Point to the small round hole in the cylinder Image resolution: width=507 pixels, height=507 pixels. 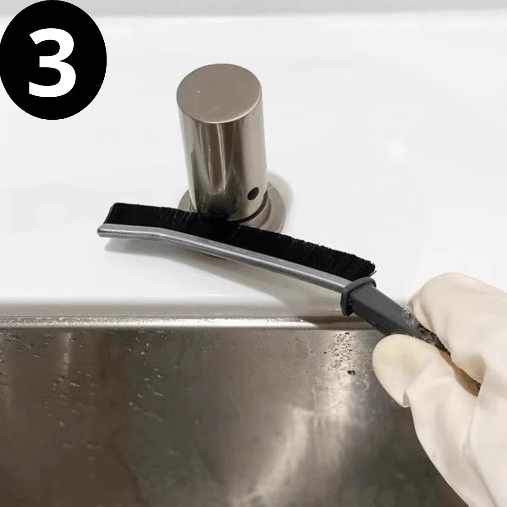coord(253,192)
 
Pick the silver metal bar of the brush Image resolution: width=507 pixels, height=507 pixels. coord(235,251)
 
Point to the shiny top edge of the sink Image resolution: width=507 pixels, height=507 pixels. coord(188,322)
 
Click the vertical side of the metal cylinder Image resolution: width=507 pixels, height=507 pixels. coord(221,155)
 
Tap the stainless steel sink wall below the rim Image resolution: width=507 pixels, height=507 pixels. coord(188,413)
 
